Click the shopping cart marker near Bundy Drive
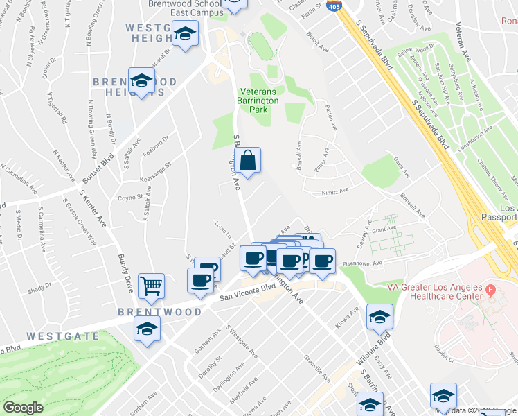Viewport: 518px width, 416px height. [x=152, y=284]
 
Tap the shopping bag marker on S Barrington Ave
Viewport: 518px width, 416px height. [x=247, y=161]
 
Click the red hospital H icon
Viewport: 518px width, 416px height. [x=491, y=288]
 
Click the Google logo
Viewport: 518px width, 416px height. [x=23, y=408]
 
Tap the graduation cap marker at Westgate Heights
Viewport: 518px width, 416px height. [x=185, y=35]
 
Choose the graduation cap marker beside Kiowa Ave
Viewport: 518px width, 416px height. [x=379, y=317]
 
